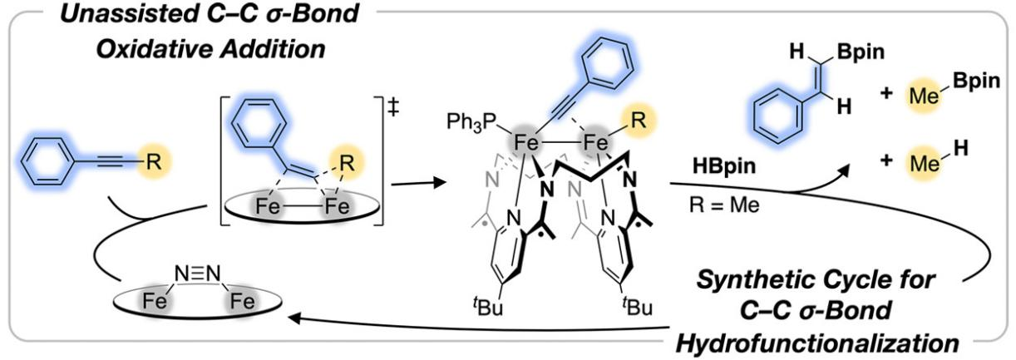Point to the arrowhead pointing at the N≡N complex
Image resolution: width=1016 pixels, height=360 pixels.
tap(292, 316)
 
